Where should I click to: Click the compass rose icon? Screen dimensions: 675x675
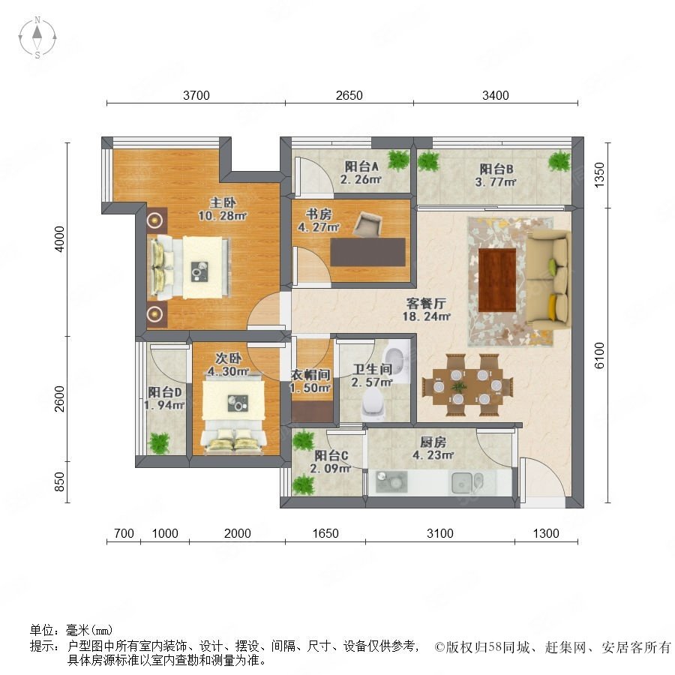[x=37, y=37]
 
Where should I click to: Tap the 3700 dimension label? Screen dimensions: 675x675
[x=196, y=95]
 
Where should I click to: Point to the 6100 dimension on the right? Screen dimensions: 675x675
[x=599, y=355]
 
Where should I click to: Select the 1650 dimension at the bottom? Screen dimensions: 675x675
[x=325, y=533]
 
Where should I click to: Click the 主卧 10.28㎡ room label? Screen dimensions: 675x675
[x=222, y=208]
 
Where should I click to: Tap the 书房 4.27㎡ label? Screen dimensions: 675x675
[x=319, y=220]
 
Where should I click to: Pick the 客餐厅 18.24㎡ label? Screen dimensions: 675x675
[x=426, y=310]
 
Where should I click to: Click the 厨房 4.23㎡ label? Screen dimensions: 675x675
[x=433, y=448]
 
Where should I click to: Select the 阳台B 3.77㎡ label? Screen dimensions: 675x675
[x=496, y=175]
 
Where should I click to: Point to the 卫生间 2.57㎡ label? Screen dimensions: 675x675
[x=372, y=376]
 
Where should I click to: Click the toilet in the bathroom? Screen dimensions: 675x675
[x=373, y=405]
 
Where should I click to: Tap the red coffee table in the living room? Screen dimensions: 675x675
[x=497, y=280]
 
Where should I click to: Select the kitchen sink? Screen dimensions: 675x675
[x=466, y=482]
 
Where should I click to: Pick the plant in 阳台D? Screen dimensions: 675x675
[x=159, y=443]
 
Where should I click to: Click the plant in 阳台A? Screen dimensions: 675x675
[x=398, y=160]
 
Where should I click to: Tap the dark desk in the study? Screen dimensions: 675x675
[x=368, y=252]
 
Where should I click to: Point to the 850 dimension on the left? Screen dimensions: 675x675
[x=59, y=481]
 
